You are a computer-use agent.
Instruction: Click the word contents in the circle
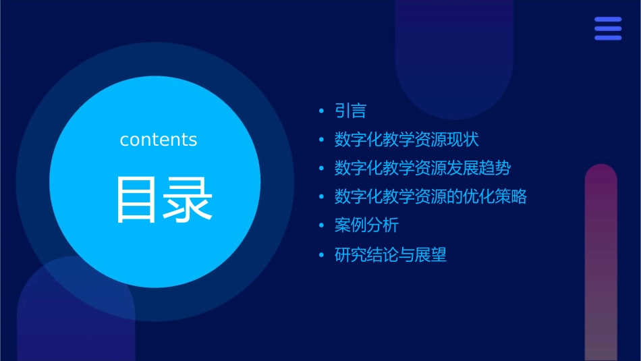pos(159,140)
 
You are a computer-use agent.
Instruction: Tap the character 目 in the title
pos(137,200)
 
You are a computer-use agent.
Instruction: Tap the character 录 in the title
pos(187,200)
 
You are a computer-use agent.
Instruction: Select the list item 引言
pos(350,111)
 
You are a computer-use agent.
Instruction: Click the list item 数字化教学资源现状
pos(406,140)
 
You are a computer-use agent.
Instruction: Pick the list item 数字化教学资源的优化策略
pos(430,197)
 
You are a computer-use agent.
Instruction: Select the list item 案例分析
pos(366,225)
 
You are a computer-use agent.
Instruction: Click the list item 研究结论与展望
pos(391,255)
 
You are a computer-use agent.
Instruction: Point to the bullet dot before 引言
pos(321,111)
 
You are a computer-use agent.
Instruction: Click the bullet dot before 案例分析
pos(321,225)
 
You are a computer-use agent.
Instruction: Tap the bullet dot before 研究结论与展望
pos(321,255)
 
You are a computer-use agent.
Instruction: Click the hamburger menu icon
pos(608,28)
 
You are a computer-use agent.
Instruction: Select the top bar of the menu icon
pos(608,20)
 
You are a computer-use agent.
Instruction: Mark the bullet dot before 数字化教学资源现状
pos(321,140)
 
